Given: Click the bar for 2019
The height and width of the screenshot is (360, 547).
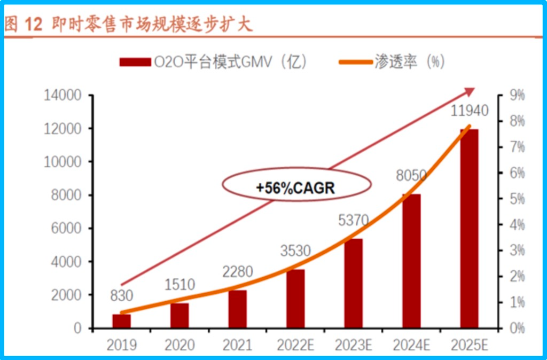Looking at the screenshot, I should (121, 321).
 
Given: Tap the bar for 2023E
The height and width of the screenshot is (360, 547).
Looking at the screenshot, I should (353, 283).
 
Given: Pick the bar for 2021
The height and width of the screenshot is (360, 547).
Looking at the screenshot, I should (237, 309).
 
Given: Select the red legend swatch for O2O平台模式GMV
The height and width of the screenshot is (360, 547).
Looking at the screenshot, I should (135, 62).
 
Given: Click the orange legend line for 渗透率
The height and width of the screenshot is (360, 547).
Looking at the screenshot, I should (354, 62).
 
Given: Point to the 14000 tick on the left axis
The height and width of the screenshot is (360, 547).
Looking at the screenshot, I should (61, 96).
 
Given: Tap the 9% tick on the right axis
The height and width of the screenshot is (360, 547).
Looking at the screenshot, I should (518, 96).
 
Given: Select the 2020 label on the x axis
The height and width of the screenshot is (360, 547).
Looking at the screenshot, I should (179, 346).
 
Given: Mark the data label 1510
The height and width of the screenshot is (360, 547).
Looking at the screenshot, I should (179, 284).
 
